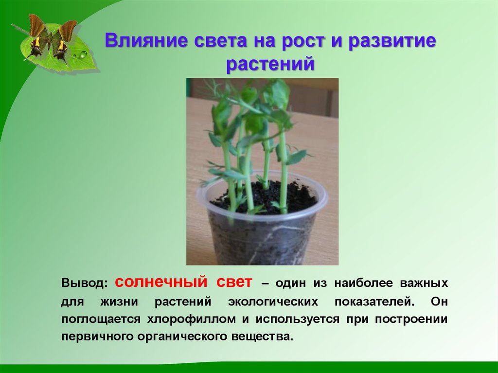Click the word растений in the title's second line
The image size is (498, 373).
click(270, 64)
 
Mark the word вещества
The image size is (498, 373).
click(263, 337)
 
